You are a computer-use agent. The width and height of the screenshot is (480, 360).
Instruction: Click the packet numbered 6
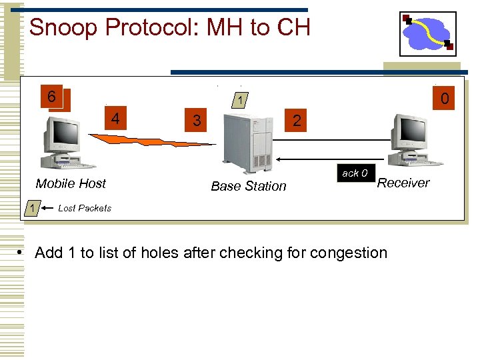tap(52, 96)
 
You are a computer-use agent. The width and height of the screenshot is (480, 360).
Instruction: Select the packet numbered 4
tap(116, 119)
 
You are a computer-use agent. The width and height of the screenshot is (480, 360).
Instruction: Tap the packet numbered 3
tap(195, 121)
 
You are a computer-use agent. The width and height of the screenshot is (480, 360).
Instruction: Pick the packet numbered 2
tap(296, 121)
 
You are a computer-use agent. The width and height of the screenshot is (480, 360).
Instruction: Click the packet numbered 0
tap(445, 99)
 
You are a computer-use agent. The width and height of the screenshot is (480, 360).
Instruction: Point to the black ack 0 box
tap(354, 173)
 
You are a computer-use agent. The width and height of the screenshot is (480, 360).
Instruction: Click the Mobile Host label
tap(71, 183)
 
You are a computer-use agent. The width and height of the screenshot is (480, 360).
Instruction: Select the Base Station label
tap(248, 186)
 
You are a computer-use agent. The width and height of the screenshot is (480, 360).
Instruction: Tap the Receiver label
tap(403, 183)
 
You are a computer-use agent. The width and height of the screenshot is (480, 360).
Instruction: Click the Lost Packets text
tap(85, 208)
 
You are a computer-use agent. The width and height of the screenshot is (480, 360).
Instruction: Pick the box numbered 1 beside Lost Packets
tap(31, 208)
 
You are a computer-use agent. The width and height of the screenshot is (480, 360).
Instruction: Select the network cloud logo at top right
tap(427, 33)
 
